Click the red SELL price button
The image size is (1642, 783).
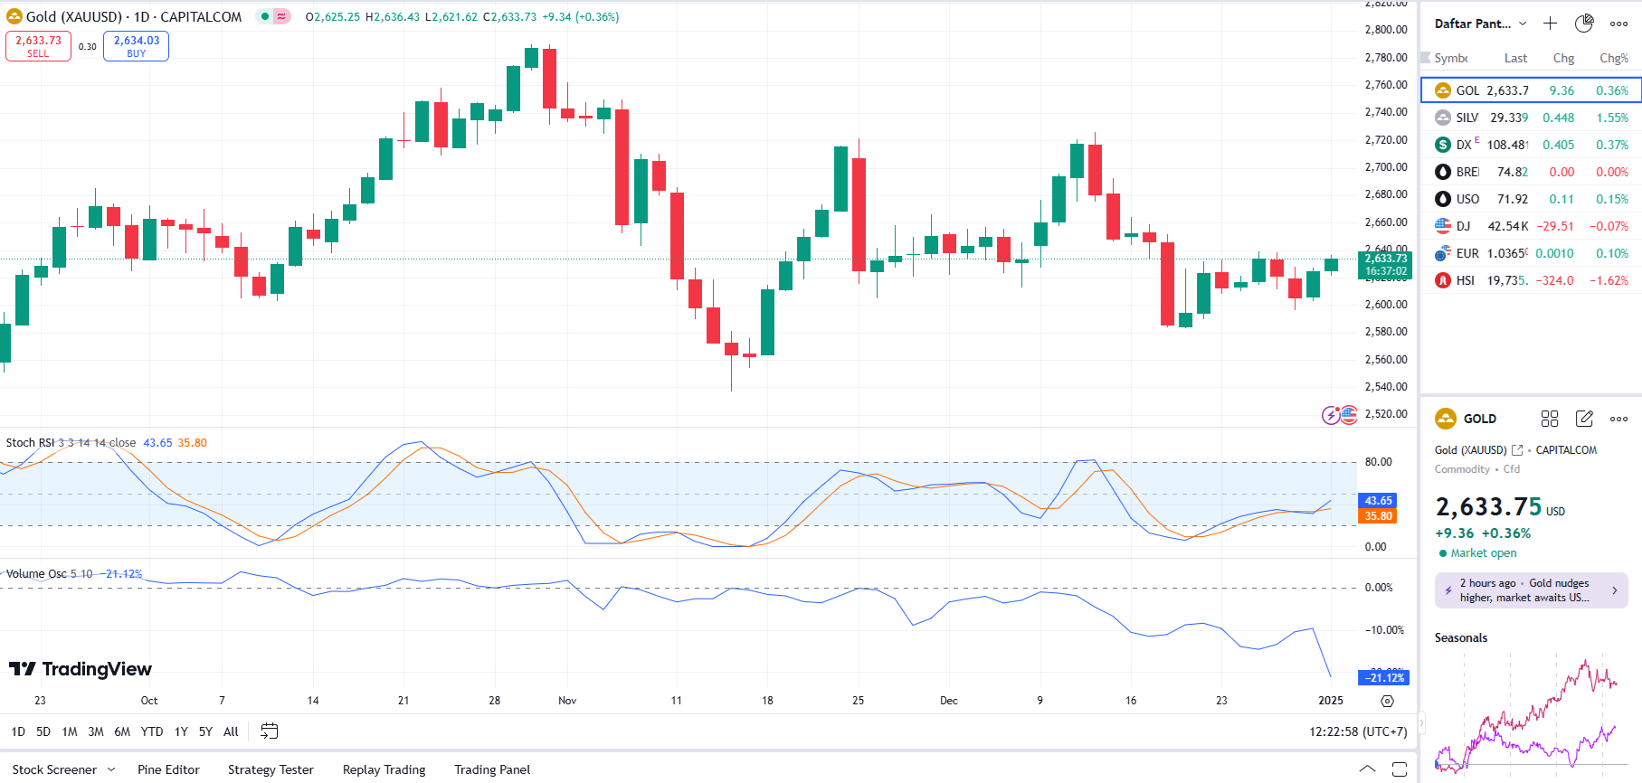click(38, 46)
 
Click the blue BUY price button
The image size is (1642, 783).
click(136, 46)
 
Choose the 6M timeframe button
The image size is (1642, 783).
click(122, 731)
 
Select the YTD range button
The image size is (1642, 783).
click(152, 731)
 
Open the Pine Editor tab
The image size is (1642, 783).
click(168, 769)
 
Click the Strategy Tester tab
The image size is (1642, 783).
click(271, 769)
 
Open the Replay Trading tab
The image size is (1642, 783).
click(384, 769)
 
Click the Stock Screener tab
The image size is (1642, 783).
click(54, 769)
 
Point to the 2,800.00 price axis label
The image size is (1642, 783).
click(1385, 30)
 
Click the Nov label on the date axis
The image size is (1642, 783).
click(567, 701)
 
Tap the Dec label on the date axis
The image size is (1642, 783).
click(948, 701)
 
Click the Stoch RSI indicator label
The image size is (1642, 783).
click(31, 443)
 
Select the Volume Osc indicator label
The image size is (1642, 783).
click(36, 574)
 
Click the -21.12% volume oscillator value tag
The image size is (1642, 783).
click(1384, 678)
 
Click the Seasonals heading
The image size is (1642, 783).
click(1460, 638)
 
